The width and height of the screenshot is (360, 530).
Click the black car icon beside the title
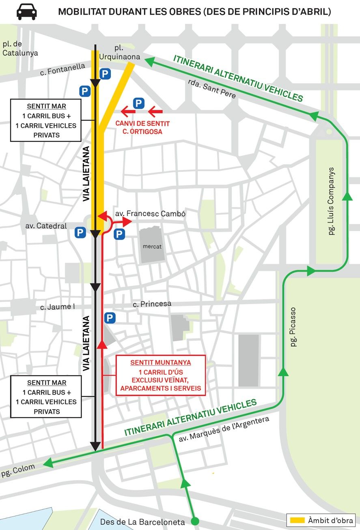26,12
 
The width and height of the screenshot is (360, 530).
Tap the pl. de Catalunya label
20,49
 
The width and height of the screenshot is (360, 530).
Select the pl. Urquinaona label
120,52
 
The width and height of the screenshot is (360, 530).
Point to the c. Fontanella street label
63,69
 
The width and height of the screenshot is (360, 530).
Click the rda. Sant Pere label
212,89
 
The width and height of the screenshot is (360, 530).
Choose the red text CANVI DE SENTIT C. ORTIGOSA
142,127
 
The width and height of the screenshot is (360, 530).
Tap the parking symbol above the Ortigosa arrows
138,103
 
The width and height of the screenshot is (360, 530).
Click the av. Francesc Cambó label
150,214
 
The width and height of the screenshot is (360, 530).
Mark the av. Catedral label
46,226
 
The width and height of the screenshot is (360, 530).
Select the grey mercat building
152,245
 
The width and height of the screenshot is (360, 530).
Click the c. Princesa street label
152,304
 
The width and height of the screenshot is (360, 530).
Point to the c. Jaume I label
58,307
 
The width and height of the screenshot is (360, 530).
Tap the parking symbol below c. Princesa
110,318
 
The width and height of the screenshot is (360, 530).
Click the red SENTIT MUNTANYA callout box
161,375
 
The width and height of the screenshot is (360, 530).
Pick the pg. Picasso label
293,327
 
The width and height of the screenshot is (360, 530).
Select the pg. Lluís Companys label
331,201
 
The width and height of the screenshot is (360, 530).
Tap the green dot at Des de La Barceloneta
195,521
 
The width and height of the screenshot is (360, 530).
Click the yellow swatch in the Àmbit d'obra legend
297,520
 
